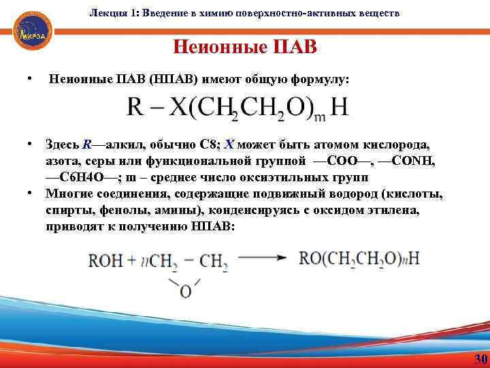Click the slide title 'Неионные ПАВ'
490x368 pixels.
(244, 48)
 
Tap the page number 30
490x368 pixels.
(480, 359)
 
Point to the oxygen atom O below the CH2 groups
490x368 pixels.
(185, 292)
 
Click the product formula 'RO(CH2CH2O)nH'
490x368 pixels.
(360, 259)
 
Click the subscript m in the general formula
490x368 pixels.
(319, 117)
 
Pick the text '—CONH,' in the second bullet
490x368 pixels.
(406, 162)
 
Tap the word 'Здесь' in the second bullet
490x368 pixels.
(62, 145)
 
